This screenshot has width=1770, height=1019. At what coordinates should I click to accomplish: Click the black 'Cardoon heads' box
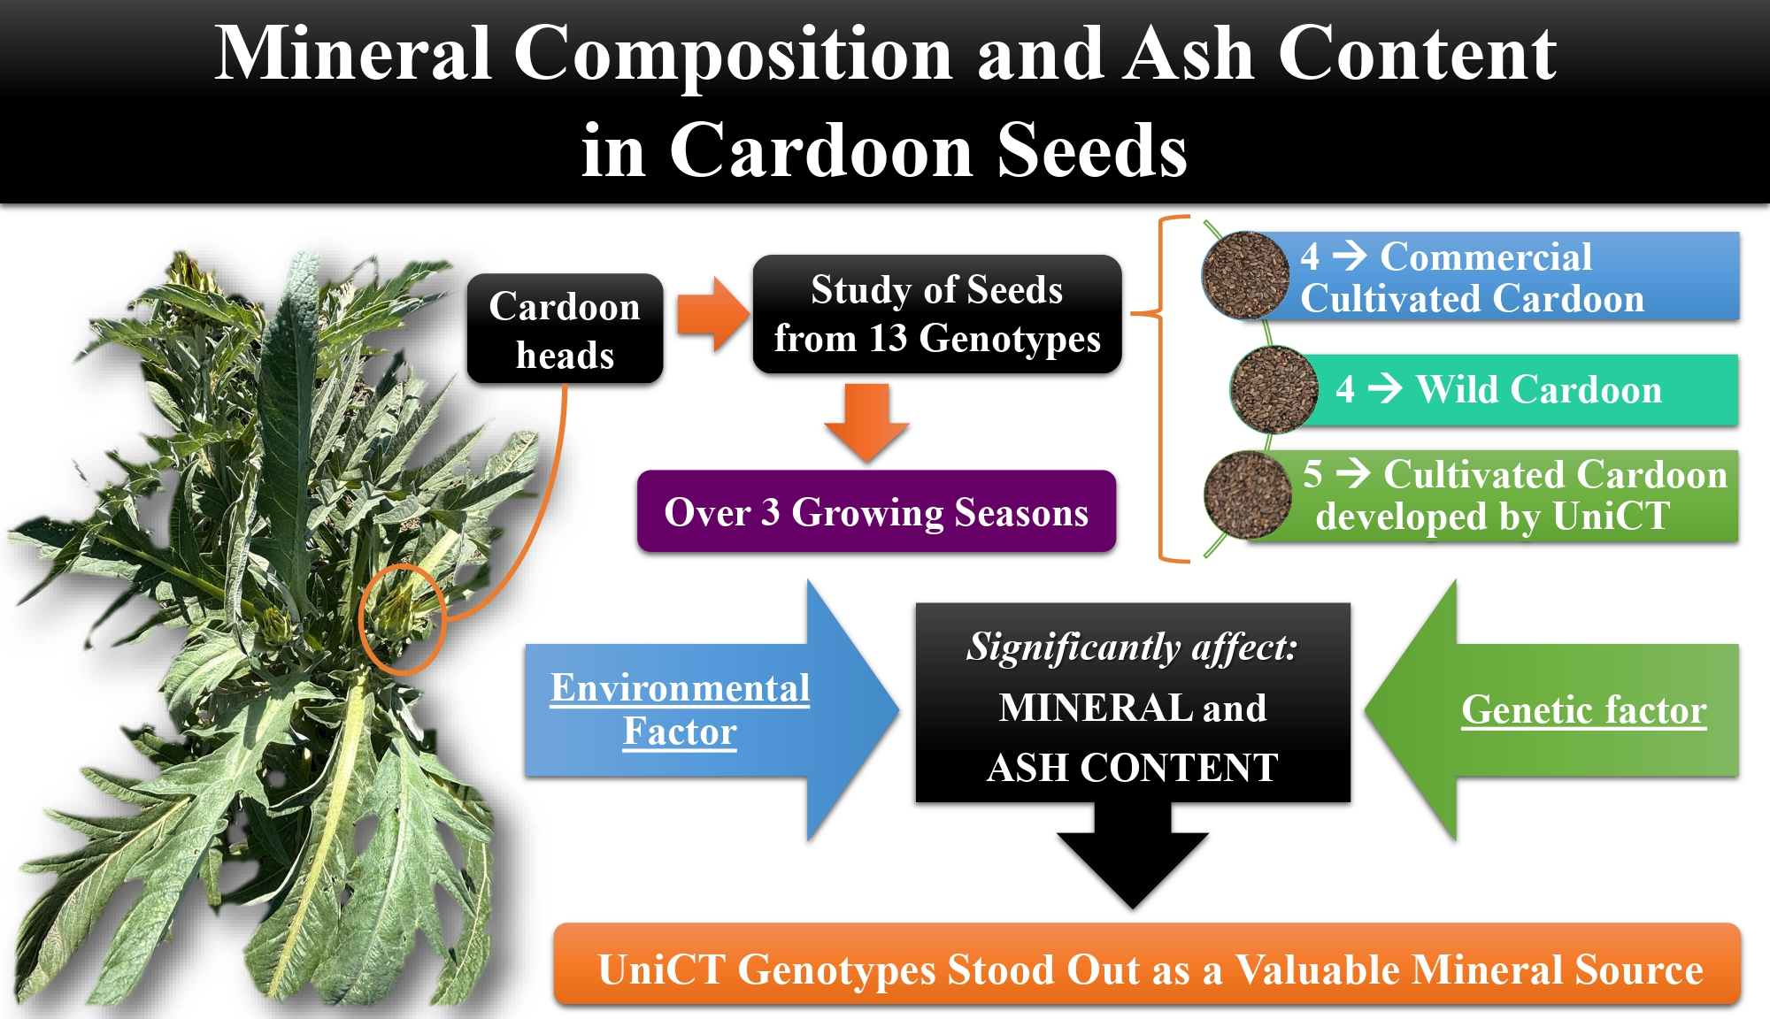(566, 328)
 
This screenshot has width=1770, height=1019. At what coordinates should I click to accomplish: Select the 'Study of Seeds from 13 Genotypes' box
(937, 314)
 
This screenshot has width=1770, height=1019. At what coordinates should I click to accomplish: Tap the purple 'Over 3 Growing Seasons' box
(876, 511)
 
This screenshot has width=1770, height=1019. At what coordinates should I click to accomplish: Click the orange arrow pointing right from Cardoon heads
(713, 314)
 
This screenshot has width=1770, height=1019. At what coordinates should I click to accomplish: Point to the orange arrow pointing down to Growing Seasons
(866, 423)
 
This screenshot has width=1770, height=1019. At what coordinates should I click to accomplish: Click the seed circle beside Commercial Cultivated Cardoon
(1245, 275)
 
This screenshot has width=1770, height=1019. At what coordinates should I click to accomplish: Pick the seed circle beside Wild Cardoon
(1274, 389)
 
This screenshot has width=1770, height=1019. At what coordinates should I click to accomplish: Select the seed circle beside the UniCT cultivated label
(1248, 494)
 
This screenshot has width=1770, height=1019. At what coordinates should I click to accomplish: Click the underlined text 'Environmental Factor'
(680, 709)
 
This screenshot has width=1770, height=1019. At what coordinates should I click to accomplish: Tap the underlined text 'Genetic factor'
(1584, 709)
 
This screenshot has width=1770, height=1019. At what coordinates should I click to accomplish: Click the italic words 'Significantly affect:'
(1132, 647)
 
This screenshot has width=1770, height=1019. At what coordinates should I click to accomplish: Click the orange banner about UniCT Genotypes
(1148, 964)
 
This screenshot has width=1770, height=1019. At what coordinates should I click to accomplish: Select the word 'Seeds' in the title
(1092, 150)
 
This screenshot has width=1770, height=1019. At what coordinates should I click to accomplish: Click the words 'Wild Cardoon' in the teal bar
(1539, 389)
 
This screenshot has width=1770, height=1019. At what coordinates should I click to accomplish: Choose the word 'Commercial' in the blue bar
(1486, 257)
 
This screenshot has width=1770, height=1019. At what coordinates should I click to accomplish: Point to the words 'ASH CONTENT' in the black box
(1133, 767)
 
